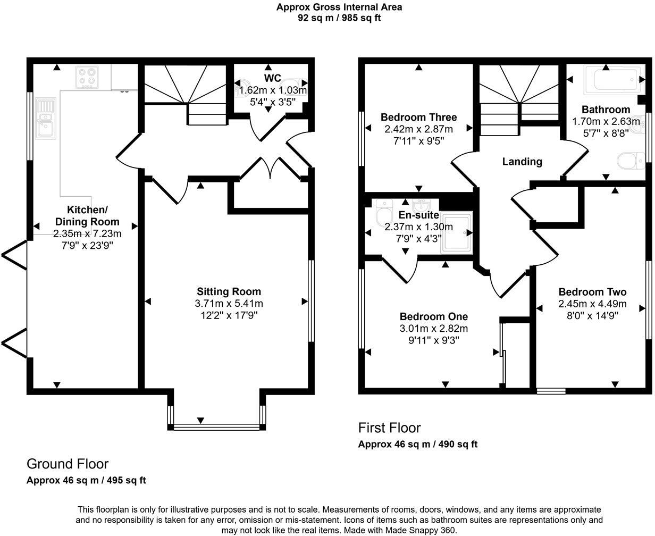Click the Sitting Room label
click(229, 291)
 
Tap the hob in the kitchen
click(88, 77)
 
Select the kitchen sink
click(45, 118)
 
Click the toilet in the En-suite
click(382, 214)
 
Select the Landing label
click(522, 162)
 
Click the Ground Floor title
click(68, 464)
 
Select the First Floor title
click(389, 428)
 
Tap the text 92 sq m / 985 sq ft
click(339, 18)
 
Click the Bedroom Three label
click(418, 117)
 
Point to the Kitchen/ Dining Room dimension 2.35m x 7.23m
click(87, 234)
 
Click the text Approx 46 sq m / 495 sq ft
click(86, 480)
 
